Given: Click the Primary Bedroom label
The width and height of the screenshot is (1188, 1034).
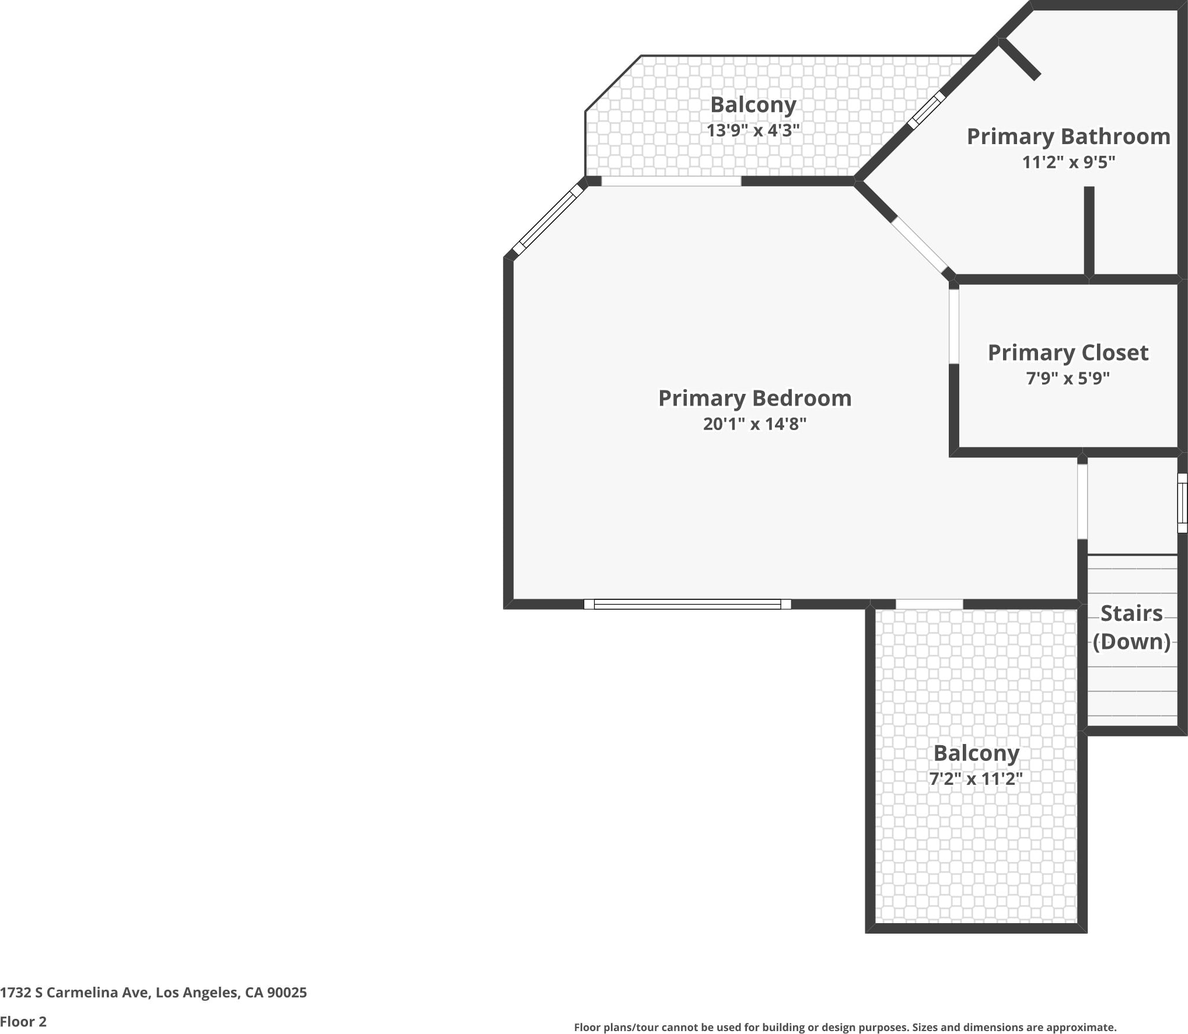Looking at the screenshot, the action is click(754, 399).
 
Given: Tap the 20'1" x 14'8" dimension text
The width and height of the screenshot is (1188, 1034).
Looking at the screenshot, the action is click(754, 424).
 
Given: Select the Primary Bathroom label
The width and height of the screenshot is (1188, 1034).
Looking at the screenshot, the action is click(1068, 137).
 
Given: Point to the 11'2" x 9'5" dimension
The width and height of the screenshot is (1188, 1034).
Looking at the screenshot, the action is click(1068, 162).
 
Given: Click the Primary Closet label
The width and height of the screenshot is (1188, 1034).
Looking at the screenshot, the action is click(1067, 352).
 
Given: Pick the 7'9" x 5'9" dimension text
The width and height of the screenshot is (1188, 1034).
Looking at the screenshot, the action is click(1067, 379).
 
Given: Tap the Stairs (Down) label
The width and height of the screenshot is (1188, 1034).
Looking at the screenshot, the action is click(1131, 627).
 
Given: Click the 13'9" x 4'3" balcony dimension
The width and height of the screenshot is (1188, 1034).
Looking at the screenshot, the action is click(753, 130).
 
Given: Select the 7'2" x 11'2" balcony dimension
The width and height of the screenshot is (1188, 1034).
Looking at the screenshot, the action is click(976, 778).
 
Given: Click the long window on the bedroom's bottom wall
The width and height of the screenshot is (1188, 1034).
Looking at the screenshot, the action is click(687, 605).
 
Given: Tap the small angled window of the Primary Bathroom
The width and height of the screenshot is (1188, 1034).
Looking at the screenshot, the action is click(926, 110).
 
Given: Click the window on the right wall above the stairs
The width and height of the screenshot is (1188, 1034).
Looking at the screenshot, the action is click(1182, 503).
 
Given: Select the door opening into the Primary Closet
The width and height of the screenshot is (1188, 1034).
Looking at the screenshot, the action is click(953, 327).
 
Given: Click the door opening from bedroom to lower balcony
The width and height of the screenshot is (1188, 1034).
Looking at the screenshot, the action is click(929, 605).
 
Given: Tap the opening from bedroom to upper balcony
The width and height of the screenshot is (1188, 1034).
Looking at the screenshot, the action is click(671, 181).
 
